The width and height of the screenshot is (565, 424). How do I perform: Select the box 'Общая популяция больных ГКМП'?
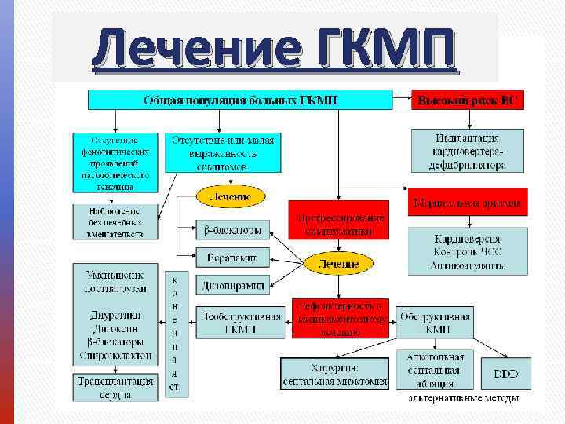pos(240,100)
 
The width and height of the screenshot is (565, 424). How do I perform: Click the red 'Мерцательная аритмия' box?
pos(468,203)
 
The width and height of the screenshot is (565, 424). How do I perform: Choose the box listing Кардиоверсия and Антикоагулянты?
pos(469,251)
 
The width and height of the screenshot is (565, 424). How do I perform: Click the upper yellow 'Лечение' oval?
pos(231,196)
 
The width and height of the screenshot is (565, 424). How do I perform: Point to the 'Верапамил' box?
pos(232,257)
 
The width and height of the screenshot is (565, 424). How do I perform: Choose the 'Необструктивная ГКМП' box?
pos(239,323)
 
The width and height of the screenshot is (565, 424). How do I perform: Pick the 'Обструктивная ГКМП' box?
pos(436,323)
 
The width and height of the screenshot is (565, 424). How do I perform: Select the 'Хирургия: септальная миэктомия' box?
pos(335,375)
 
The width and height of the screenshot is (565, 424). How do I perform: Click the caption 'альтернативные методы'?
pos(463,398)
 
